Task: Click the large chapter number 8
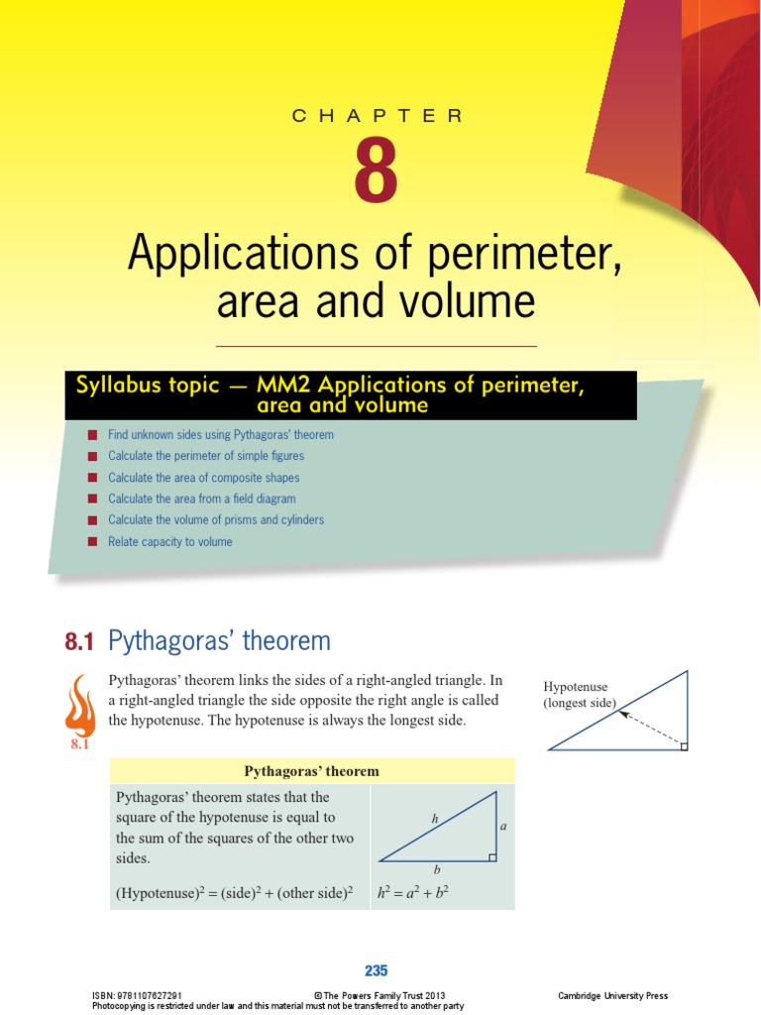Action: (x=377, y=172)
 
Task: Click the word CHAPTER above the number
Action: (x=377, y=116)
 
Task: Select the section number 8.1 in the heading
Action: (x=79, y=642)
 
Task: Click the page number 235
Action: (x=376, y=971)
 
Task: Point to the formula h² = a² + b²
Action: (x=413, y=892)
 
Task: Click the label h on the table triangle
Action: (x=434, y=819)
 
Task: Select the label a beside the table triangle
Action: (x=502, y=825)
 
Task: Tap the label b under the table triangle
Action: (x=437, y=868)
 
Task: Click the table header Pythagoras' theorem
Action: (x=311, y=771)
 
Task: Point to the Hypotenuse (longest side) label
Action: (x=580, y=695)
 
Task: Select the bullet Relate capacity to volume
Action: (x=169, y=542)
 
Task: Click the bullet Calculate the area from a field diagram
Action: (x=201, y=499)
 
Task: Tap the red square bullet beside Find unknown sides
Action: (x=92, y=435)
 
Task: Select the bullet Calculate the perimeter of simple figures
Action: (x=205, y=456)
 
